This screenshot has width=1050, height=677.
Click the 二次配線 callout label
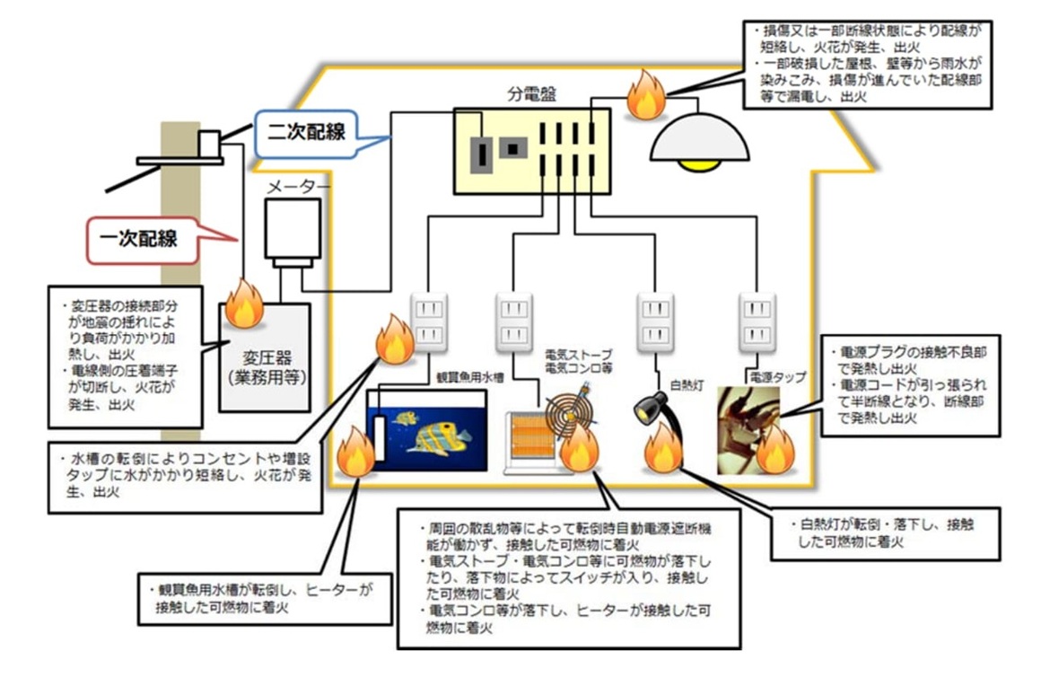pos(306,131)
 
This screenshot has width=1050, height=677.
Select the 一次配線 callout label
pos(144,239)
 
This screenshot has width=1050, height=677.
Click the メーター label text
pos(300,186)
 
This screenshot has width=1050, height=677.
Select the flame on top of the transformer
pos(243,305)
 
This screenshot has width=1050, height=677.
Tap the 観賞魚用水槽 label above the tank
pos(457,379)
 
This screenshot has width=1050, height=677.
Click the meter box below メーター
pos(292,230)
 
